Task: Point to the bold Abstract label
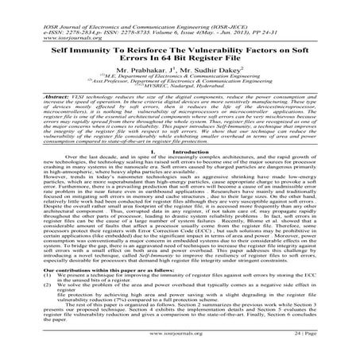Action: click(x=24, y=106)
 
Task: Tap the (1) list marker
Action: click(x=13, y=300)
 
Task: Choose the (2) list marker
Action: click(x=13, y=312)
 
